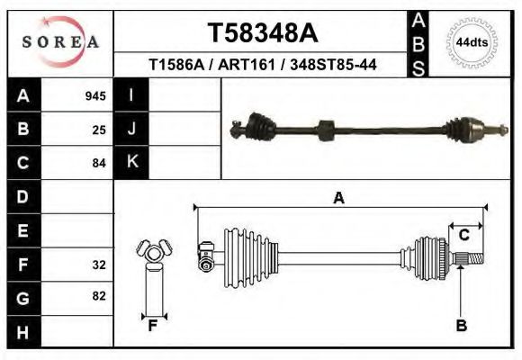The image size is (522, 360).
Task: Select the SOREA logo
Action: [x=60, y=42]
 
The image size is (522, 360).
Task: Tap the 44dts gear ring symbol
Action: [x=472, y=42]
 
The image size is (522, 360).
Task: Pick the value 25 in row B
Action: [x=99, y=130]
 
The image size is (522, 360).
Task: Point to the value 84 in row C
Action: [x=99, y=163]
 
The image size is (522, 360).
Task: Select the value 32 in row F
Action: [x=99, y=265]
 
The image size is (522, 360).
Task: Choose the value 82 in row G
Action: [x=99, y=296]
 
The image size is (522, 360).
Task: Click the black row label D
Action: [x=23, y=196]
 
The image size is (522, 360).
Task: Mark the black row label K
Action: [x=131, y=162]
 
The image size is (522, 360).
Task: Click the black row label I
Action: [x=131, y=95]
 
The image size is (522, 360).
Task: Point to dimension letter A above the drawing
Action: [x=339, y=198]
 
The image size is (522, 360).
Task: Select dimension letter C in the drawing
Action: [x=464, y=236]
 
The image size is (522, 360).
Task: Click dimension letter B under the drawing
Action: [x=461, y=326]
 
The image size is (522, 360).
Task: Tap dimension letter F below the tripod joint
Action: [x=153, y=326]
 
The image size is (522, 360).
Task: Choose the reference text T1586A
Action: [x=178, y=65]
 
